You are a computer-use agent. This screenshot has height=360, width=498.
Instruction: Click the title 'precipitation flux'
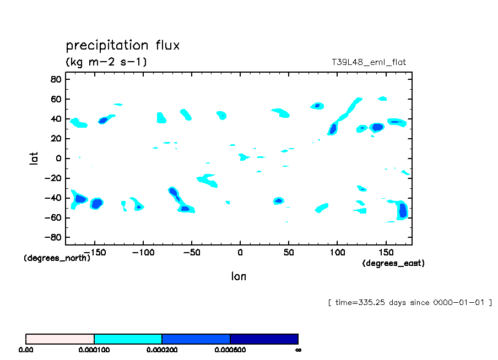tap(122, 45)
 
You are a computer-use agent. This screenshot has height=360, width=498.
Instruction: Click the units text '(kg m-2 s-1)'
tap(106, 62)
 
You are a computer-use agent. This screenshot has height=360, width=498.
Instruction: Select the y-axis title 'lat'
tap(34, 159)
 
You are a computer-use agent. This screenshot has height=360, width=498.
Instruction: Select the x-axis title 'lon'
tap(239, 276)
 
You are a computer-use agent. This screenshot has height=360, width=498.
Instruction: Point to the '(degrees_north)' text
tap(57, 258)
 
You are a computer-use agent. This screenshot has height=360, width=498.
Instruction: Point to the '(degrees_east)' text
tap(393, 263)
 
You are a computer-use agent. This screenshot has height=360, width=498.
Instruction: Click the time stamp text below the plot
tap(410, 303)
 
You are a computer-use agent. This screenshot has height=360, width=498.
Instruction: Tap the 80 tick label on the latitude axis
tap(56, 79)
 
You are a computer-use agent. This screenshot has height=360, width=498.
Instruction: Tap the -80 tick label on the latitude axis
tap(53, 238)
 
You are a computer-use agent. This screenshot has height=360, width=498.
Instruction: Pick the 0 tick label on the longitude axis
tap(240, 252)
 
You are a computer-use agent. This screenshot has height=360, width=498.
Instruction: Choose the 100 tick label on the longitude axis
tap(337, 252)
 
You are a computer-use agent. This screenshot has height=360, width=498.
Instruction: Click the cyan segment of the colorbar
tap(128, 339)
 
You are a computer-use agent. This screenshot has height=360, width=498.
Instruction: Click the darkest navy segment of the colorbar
tap(264, 339)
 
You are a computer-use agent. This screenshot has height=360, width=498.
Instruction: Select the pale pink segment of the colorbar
tap(60, 339)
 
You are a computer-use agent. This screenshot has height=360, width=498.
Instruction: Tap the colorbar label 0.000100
tap(94, 350)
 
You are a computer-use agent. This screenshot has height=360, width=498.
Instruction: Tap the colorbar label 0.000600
tap(230, 350)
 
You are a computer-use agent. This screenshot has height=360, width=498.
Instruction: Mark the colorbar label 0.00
tap(26, 350)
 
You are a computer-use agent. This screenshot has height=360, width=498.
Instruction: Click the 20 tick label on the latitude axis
tap(56, 139)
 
